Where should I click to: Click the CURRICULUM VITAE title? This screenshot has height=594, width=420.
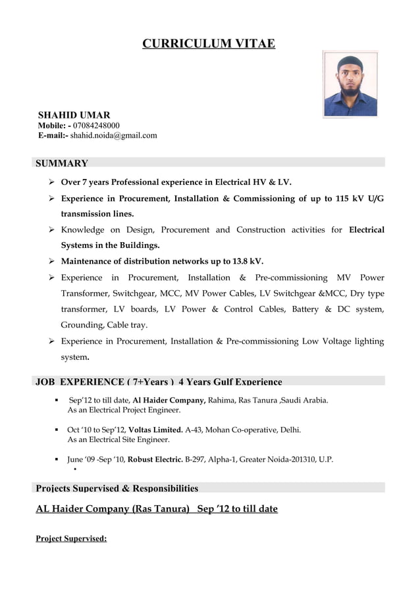[209, 44]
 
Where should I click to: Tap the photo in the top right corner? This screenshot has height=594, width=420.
[350, 84]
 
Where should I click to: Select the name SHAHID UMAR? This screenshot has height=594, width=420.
[74, 114]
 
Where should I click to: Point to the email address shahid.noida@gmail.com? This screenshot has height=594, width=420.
[114, 136]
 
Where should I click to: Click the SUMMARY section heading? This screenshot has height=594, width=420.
[61, 163]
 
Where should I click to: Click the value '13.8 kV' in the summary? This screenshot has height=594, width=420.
[243, 261]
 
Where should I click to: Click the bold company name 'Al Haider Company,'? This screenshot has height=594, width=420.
[169, 399]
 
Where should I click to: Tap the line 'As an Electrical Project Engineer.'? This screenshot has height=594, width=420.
[124, 410]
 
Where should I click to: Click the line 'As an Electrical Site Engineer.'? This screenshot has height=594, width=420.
[118, 439]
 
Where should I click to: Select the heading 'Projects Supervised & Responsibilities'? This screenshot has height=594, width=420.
[117, 488]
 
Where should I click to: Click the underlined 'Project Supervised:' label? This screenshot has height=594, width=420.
[71, 539]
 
